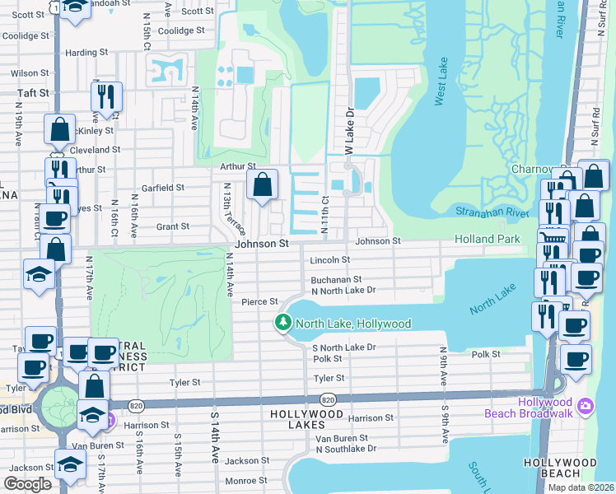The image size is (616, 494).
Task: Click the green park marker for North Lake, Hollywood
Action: [283, 323]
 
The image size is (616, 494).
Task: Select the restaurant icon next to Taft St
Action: [106, 96]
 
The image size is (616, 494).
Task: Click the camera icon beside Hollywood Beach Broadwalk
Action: [585, 405]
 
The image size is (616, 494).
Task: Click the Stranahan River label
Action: [491, 212]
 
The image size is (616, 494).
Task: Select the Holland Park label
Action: [488, 239]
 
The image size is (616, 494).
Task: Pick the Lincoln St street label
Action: [330, 259]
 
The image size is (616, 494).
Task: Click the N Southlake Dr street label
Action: [343, 449]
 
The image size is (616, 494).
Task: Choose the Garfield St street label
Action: [162, 188]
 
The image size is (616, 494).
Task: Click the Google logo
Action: [28, 484]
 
